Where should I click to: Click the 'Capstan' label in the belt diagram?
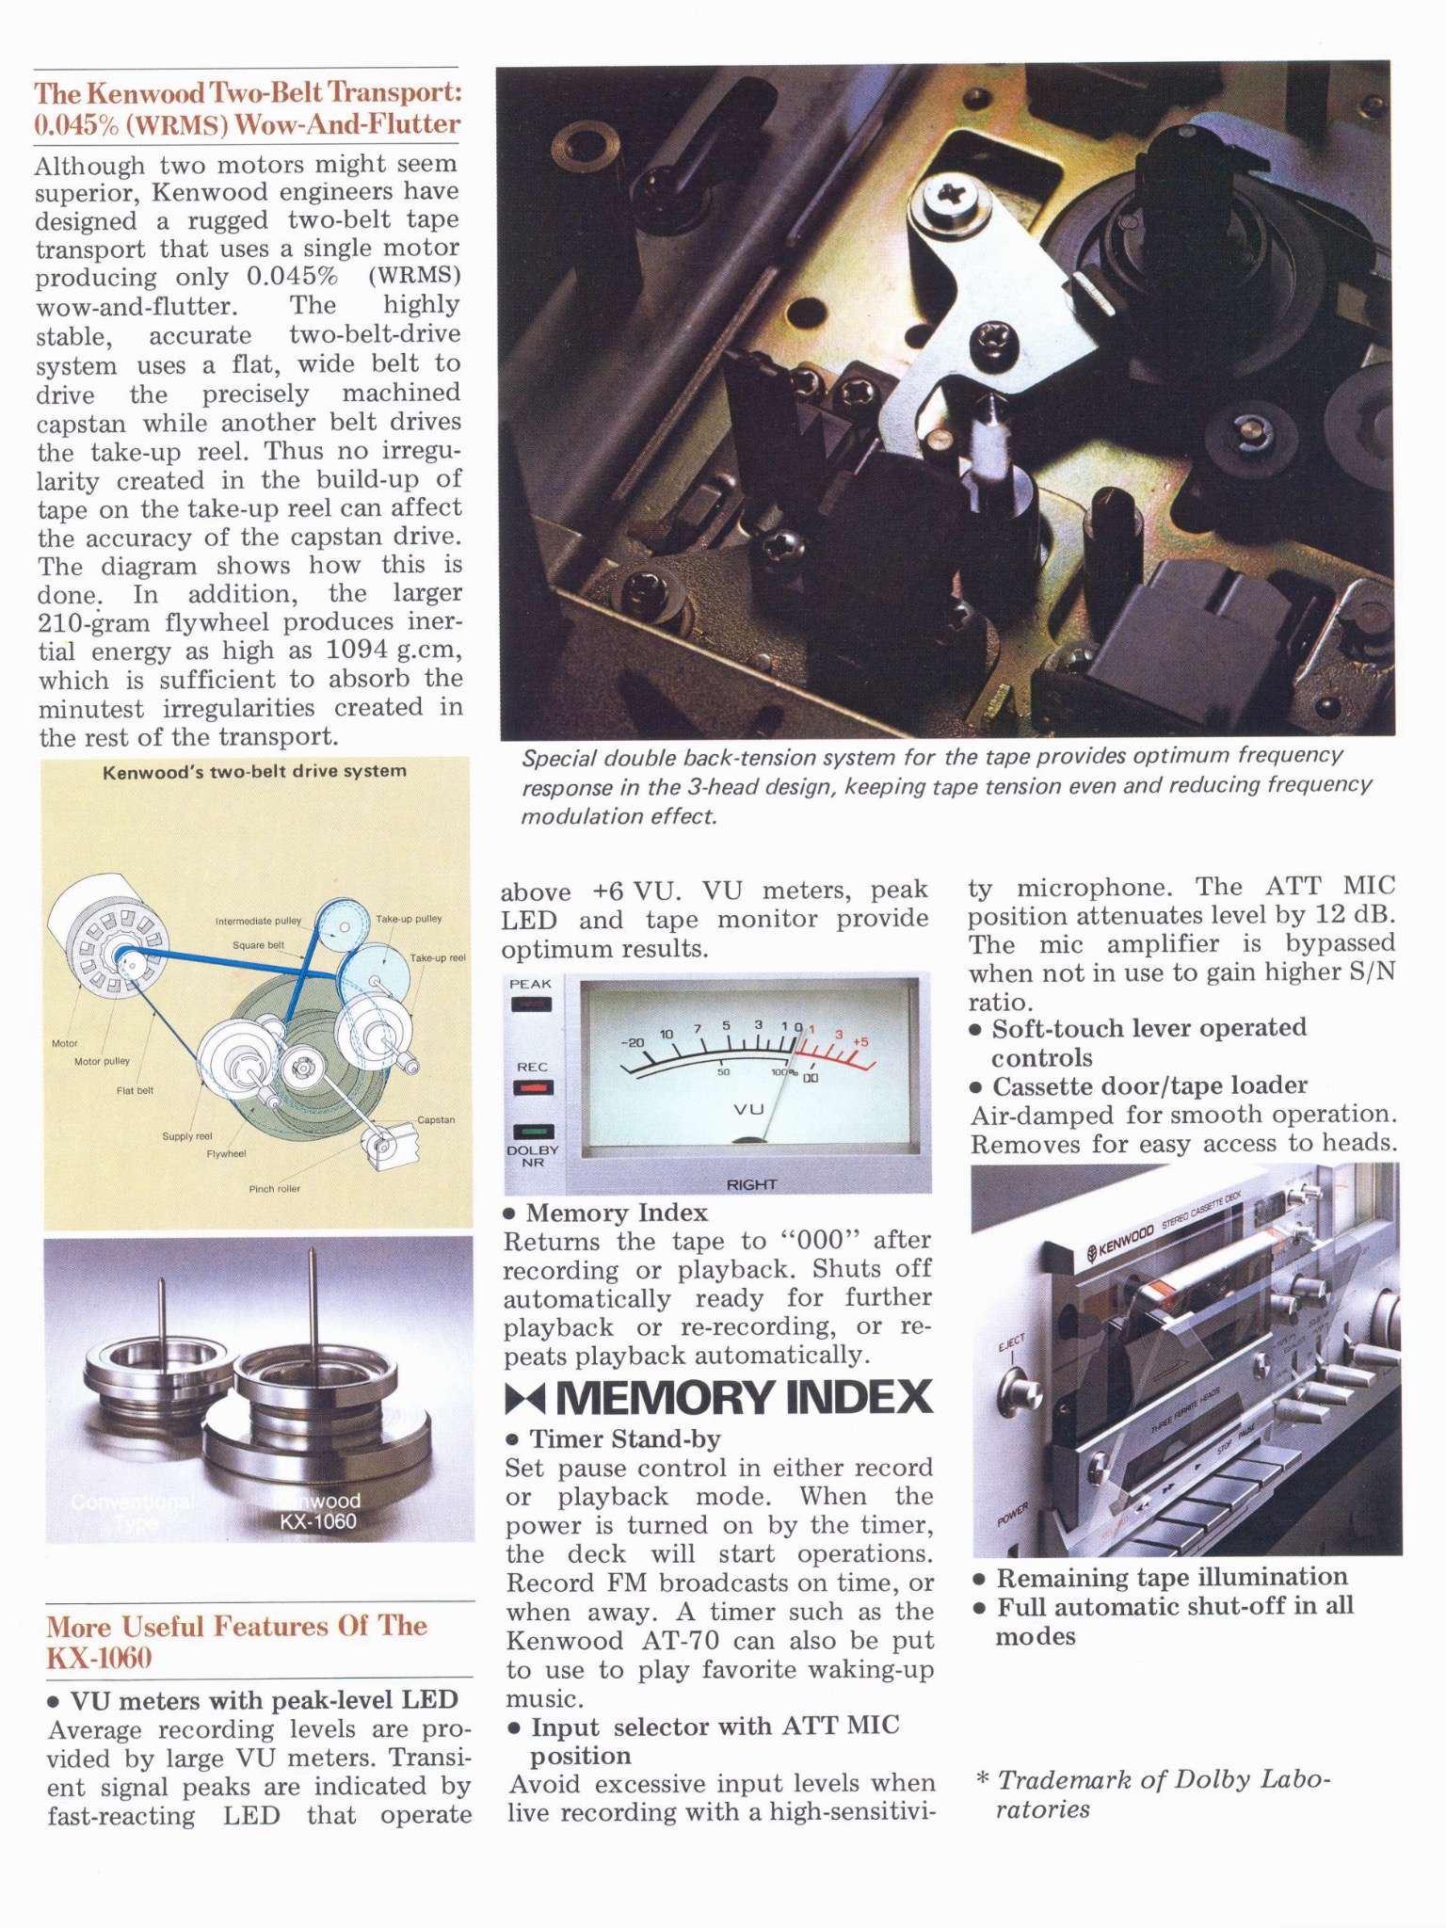point(436,1119)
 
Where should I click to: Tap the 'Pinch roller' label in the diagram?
point(274,1189)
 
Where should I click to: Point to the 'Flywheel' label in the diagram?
point(226,1153)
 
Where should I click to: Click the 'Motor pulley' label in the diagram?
point(102,1061)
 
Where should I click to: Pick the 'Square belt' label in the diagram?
point(258,944)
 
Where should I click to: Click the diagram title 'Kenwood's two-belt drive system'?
point(254,771)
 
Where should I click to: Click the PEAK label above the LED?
point(530,984)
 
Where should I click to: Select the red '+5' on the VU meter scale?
point(860,1042)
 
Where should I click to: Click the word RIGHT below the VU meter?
point(751,1184)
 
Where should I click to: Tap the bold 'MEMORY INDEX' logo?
point(719,1397)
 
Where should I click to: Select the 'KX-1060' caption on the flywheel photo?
point(318,1521)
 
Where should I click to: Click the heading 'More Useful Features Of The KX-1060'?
point(237,1641)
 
